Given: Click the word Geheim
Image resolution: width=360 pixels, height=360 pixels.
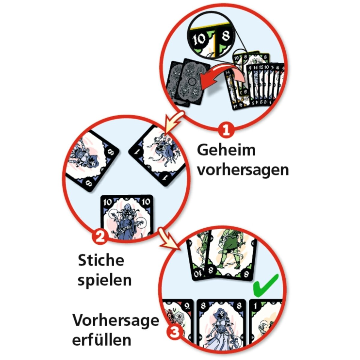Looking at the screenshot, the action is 226,150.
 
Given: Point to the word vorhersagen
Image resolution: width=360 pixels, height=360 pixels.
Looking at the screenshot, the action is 243,170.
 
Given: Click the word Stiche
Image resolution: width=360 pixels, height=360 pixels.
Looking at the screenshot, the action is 101,260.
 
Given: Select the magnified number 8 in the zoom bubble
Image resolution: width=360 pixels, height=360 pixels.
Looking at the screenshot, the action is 226,36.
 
